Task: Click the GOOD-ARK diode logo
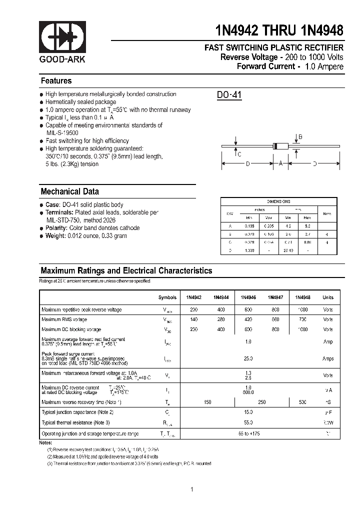(62, 38)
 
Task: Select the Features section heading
(56, 81)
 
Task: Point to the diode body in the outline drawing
(280, 146)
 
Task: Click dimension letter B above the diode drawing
(300, 137)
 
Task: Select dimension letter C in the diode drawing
(239, 154)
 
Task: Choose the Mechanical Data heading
(69, 191)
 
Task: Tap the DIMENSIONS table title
(278, 201)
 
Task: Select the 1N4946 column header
(248, 297)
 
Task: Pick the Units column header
(327, 297)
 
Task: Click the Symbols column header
(167, 297)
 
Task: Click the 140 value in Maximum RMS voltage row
(194, 319)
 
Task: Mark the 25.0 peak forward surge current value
(248, 358)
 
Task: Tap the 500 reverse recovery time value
(302, 402)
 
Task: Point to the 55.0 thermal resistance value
(248, 422)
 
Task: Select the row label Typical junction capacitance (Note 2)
(77, 412)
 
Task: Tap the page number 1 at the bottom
(191, 489)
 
